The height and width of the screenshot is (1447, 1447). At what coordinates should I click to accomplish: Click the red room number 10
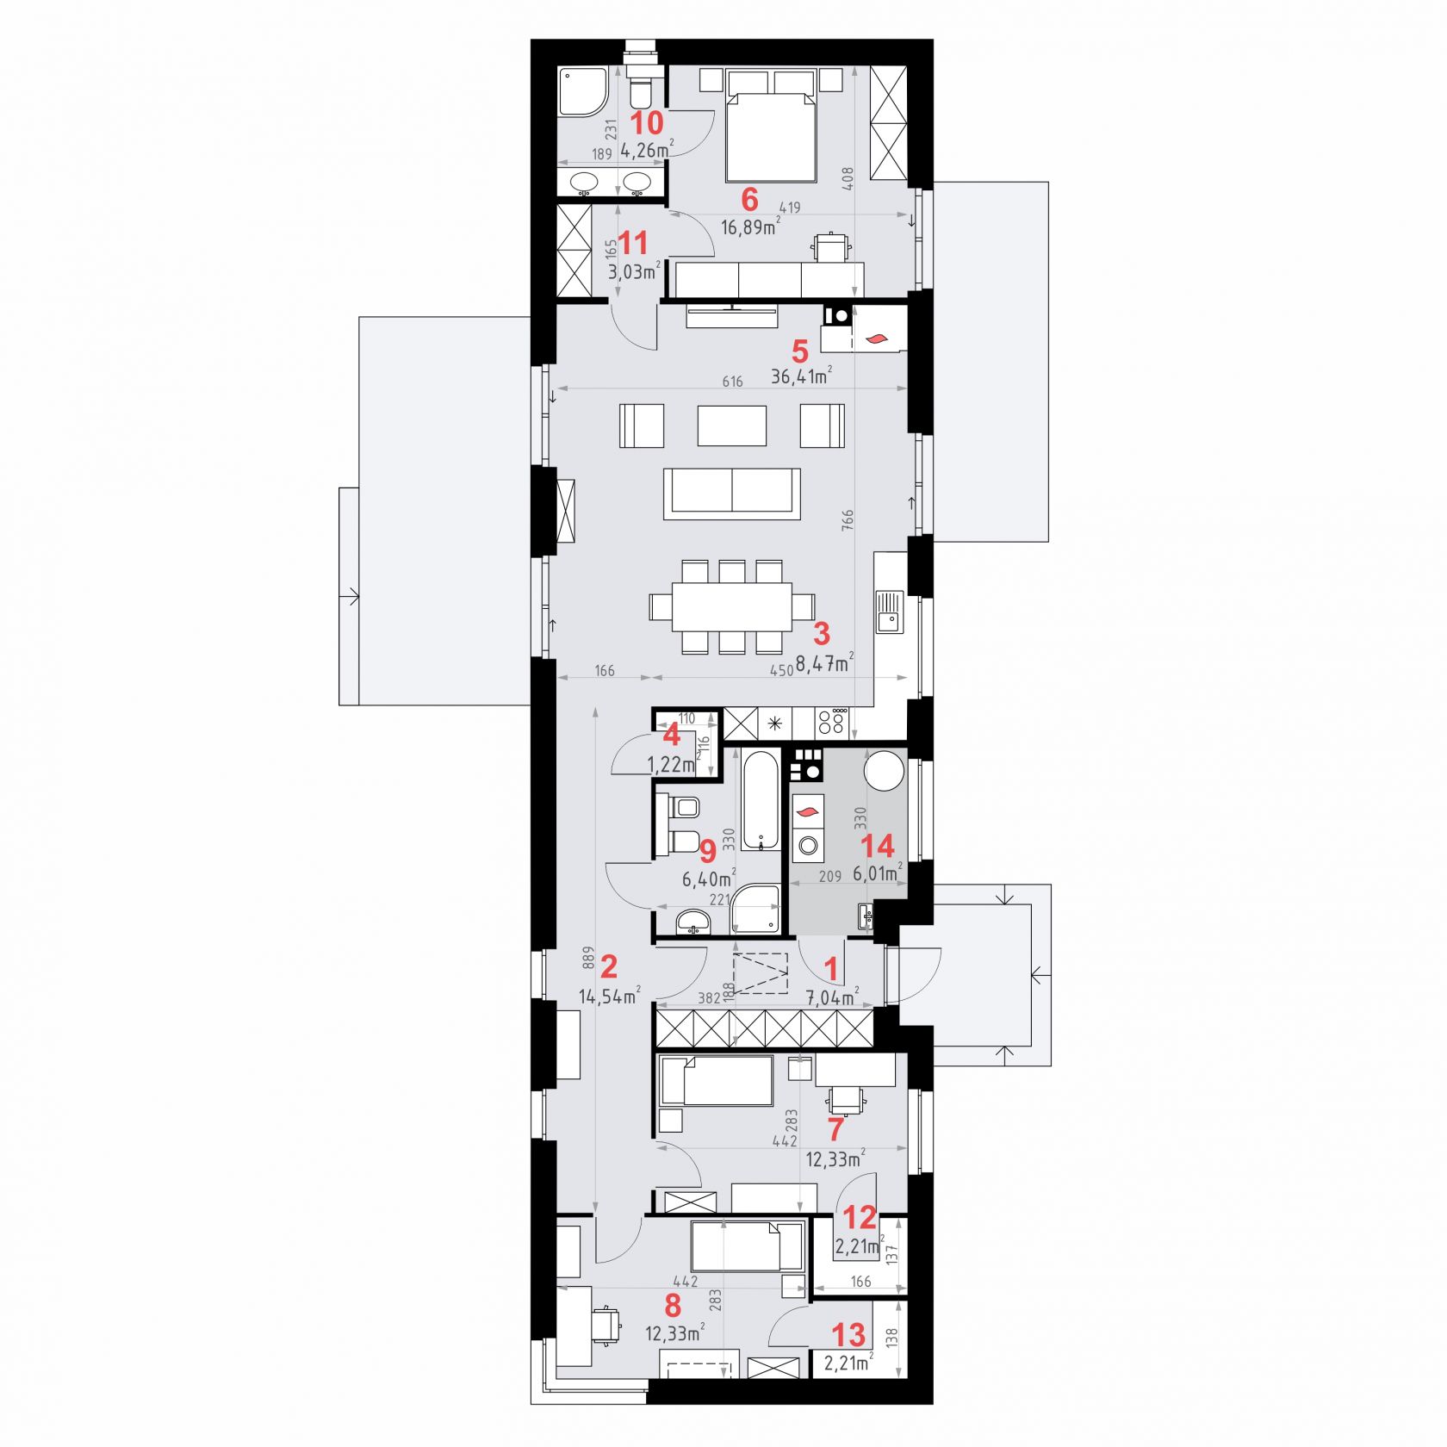pyautogui.click(x=648, y=122)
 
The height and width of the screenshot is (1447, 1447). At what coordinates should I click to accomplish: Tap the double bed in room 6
pyautogui.click(x=771, y=127)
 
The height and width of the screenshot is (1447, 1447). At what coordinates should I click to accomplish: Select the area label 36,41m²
pyautogui.click(x=801, y=376)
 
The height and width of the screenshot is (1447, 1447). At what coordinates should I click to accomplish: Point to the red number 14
pyautogui.click(x=878, y=845)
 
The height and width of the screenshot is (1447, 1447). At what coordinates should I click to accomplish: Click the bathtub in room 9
pyautogui.click(x=762, y=800)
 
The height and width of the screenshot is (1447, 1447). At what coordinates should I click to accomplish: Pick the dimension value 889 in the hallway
pyautogui.click(x=588, y=960)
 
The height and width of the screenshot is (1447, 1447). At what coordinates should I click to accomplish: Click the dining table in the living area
pyautogui.click(x=732, y=606)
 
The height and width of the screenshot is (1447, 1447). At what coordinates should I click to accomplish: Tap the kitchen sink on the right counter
pyautogui.click(x=890, y=612)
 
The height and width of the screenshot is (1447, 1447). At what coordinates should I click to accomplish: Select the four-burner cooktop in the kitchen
pyautogui.click(x=833, y=722)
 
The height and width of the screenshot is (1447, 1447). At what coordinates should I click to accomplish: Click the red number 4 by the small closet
pyautogui.click(x=671, y=735)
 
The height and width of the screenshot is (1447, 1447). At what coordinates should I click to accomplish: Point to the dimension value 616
pyautogui.click(x=732, y=382)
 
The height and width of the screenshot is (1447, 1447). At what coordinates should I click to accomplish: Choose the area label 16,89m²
pyautogui.click(x=750, y=227)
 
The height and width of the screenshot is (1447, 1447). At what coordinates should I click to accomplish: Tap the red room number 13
pyautogui.click(x=848, y=1335)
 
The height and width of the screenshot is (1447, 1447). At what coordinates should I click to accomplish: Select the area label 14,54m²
pyautogui.click(x=609, y=997)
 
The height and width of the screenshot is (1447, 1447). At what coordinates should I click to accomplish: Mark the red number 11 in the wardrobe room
pyautogui.click(x=633, y=242)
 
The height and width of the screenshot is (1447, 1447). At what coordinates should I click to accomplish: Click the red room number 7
pyautogui.click(x=835, y=1129)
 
